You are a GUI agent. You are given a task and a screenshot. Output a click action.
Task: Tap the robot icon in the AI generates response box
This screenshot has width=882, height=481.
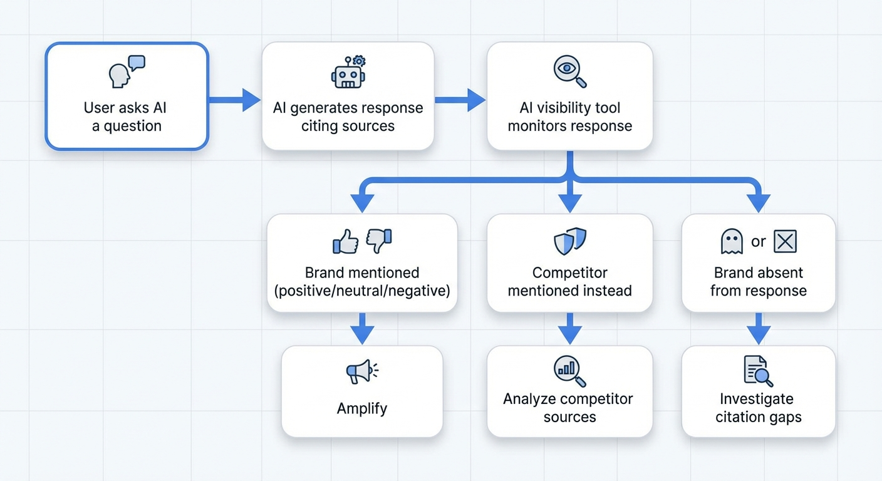click(x=348, y=72)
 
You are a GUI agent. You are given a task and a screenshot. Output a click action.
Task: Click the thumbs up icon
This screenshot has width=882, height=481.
click(x=346, y=241)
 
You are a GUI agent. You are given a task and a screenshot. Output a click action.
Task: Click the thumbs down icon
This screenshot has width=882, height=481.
click(x=379, y=241)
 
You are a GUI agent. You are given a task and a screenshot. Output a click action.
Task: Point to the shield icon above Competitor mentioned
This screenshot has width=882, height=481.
click(x=570, y=241)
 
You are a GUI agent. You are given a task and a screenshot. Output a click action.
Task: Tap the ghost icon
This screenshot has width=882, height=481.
click(x=732, y=242)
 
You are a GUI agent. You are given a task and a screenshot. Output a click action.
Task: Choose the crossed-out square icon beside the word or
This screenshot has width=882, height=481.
click(x=785, y=242)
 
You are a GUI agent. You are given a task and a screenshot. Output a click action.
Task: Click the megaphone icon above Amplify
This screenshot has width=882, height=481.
click(x=361, y=372)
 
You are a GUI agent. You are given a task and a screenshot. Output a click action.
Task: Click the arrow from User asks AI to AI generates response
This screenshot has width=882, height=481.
click(x=234, y=100)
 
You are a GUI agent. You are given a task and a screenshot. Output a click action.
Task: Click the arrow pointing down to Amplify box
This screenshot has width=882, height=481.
click(x=362, y=329)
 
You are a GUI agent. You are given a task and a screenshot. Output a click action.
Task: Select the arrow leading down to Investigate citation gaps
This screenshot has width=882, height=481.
click(x=759, y=329)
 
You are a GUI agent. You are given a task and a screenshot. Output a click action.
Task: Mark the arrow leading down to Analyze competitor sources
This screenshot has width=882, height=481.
click(x=570, y=329)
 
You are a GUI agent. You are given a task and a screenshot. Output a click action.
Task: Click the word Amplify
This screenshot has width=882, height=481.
click(x=362, y=408)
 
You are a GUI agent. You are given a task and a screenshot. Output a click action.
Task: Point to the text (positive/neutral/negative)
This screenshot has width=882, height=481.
click(x=362, y=291)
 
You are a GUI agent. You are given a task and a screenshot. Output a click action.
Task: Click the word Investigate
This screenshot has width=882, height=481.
click(x=757, y=399)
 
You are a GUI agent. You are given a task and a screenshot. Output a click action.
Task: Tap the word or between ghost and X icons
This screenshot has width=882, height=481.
click(x=759, y=242)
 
